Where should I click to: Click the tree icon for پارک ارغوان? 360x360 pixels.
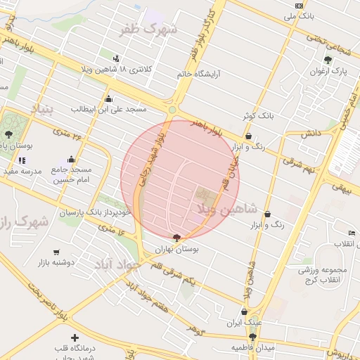pyautogui.click(x=328, y=60)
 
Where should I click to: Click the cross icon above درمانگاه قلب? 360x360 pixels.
pyautogui.click(x=75, y=337)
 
